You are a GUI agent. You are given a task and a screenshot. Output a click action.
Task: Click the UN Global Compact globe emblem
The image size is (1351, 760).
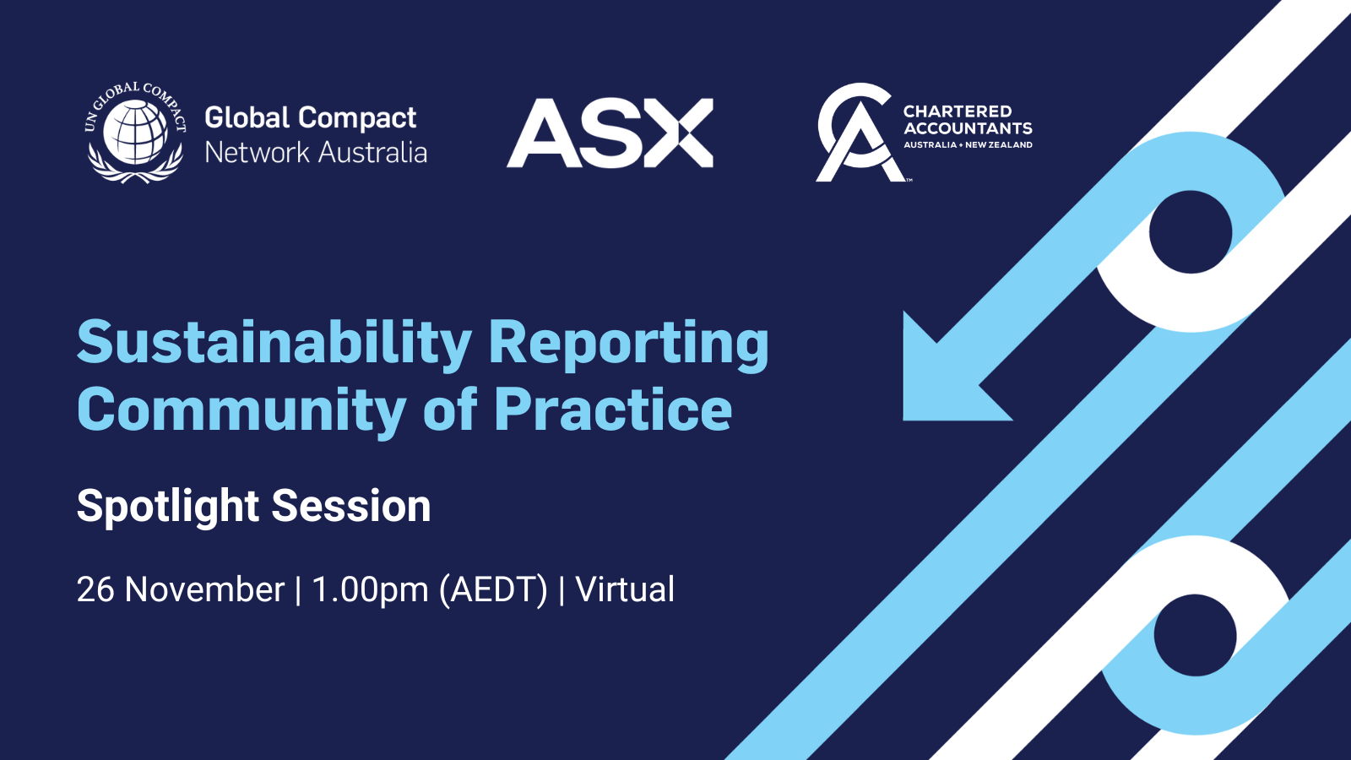click(136, 132)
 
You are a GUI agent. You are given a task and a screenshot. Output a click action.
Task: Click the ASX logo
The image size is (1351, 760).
click(610, 133)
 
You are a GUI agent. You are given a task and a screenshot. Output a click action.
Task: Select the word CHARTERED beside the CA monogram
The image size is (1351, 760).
click(957, 111)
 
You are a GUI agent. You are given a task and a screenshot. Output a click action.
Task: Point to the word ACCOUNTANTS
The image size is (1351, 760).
click(968, 128)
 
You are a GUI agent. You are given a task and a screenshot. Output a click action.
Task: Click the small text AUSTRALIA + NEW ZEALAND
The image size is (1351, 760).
click(968, 145)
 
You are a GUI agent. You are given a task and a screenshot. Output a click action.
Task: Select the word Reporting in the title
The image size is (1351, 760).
click(628, 344)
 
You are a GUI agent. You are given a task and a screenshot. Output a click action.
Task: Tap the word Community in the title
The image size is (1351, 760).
click(241, 410)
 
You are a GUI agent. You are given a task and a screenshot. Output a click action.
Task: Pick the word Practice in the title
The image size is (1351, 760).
click(612, 410)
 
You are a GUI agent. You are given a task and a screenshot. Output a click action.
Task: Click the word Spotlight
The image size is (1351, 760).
click(168, 507)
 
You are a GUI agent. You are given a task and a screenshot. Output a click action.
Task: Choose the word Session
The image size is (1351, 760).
click(351, 506)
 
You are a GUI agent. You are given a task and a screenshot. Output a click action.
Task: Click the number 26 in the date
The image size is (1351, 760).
click(95, 589)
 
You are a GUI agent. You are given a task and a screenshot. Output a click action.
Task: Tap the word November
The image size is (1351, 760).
click(204, 589)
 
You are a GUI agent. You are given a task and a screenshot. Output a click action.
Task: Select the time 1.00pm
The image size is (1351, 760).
click(370, 589)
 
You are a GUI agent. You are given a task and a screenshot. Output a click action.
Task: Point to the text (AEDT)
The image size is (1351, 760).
click(493, 589)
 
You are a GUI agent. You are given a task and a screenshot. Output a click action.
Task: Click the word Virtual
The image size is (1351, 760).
click(625, 589)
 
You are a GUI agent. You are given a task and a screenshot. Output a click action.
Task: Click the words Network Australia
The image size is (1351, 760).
click(316, 153)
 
